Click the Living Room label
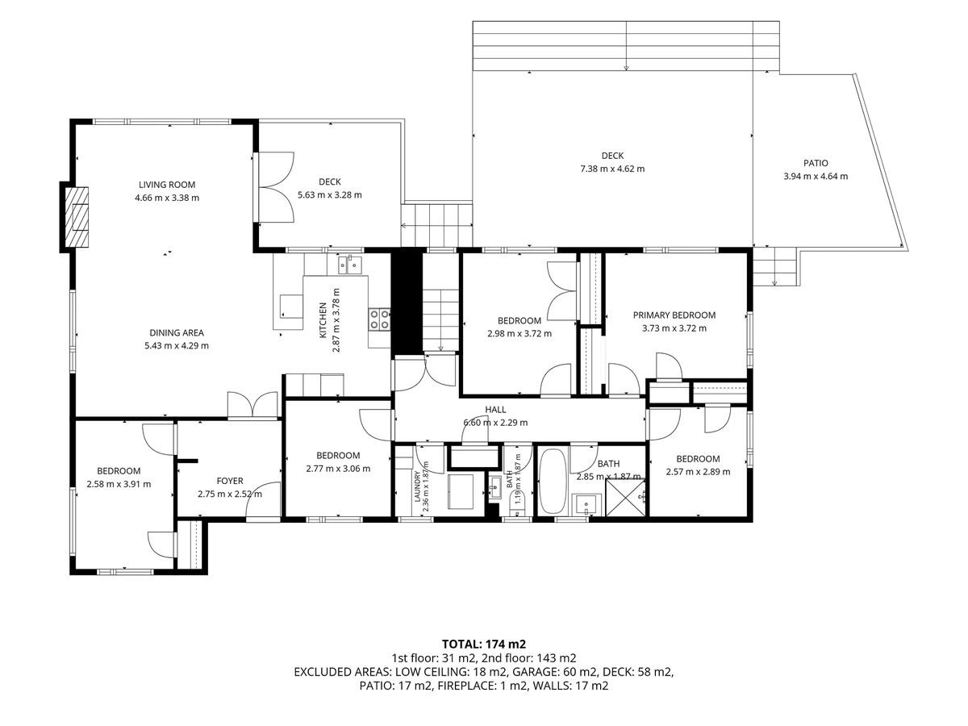(167, 185)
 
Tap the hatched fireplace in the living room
(77, 216)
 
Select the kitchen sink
(350, 265)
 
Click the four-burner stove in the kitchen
(380, 319)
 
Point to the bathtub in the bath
(553, 481)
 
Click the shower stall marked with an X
(625, 498)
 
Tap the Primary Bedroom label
(674, 315)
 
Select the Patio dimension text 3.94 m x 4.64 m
(816, 177)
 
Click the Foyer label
(230, 481)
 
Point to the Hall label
(495, 410)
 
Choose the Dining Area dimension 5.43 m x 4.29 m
(177, 345)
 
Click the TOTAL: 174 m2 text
(484, 644)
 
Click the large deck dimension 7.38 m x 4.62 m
(612, 169)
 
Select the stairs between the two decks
(436, 225)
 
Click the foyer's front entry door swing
(263, 499)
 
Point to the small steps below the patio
(774, 266)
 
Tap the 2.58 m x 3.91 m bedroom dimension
(119, 485)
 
